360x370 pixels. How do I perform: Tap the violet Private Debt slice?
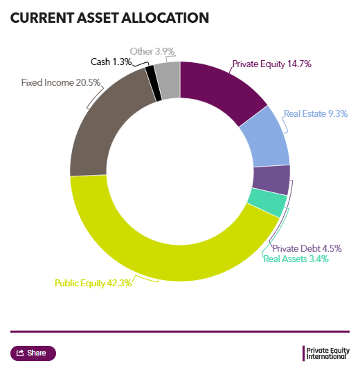(x=271, y=180)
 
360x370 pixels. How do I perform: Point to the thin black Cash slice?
(x=154, y=83)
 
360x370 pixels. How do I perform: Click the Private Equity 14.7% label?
(x=272, y=64)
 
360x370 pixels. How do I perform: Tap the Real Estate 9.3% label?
(x=316, y=113)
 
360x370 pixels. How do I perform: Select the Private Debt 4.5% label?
(x=307, y=248)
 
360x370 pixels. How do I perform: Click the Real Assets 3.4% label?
(x=296, y=259)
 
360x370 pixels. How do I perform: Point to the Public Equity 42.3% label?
(x=93, y=283)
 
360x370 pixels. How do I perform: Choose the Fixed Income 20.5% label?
(x=61, y=82)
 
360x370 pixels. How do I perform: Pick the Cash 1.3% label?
(x=111, y=62)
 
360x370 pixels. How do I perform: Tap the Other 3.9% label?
(x=152, y=51)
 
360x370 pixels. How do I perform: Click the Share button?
(x=33, y=353)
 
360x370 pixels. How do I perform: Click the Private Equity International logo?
(x=326, y=353)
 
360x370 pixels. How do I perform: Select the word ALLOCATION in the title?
(x=165, y=18)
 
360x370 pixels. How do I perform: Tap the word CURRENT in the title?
(x=42, y=18)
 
